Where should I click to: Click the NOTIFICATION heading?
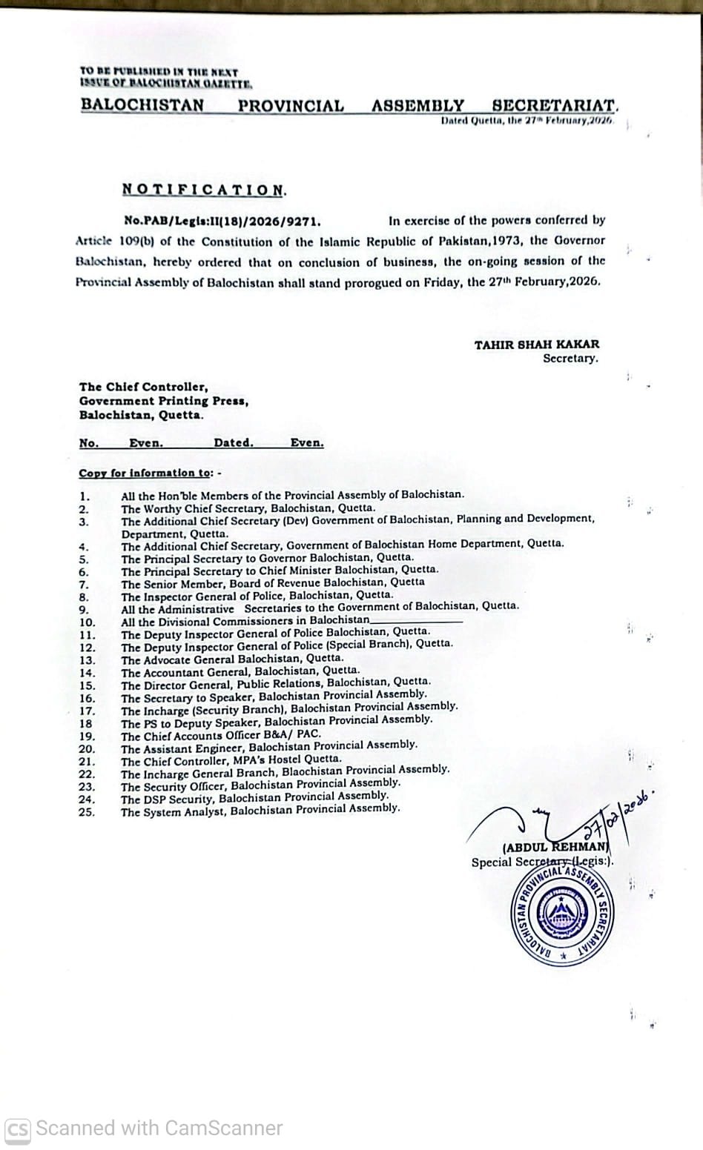coord(204,190)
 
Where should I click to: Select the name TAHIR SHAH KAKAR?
coord(537,344)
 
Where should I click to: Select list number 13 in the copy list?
coord(87,660)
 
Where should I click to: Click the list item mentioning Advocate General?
coord(232,659)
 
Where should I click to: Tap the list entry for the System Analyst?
coord(260,811)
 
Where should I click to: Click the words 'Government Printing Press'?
coord(163,401)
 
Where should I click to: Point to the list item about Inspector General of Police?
coord(257,595)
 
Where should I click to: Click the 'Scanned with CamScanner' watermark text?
coord(159,1129)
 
